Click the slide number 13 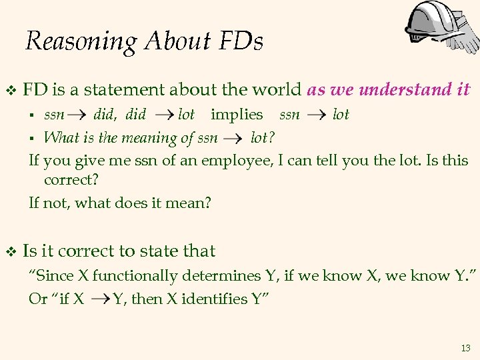tap(465, 348)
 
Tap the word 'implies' tap(237, 115)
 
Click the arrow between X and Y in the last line tap(99, 299)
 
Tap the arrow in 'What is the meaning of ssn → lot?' tap(233, 139)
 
